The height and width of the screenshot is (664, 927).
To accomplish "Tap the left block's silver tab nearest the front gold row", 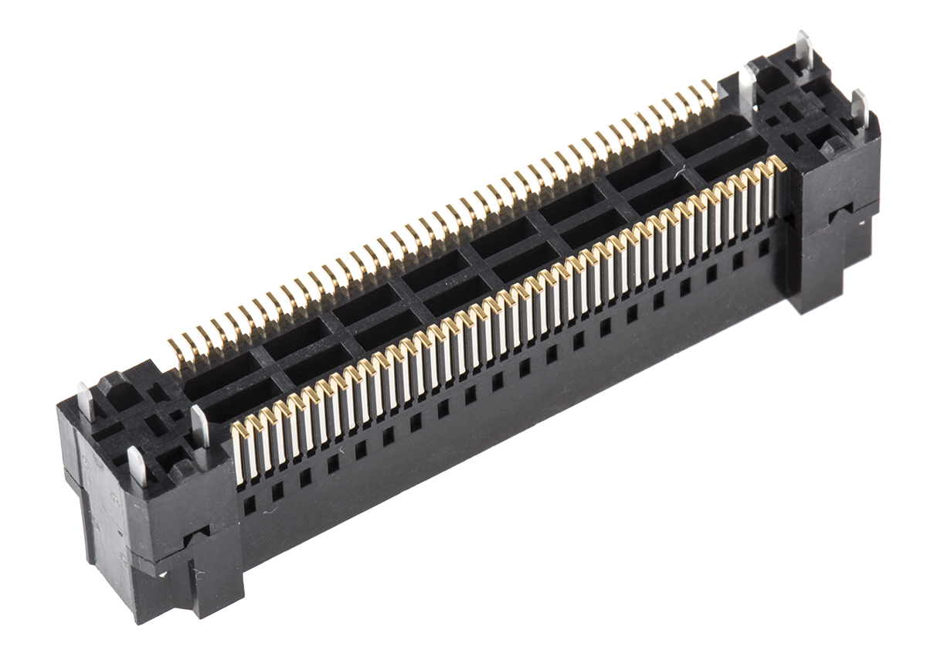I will (199, 425).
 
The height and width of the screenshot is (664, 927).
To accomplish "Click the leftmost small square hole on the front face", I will (250, 506).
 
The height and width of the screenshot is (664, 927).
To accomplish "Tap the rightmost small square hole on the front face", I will (764, 247).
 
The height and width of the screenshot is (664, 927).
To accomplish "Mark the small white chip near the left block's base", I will (163, 574).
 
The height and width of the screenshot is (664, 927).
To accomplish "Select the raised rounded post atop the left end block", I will (112, 384).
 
